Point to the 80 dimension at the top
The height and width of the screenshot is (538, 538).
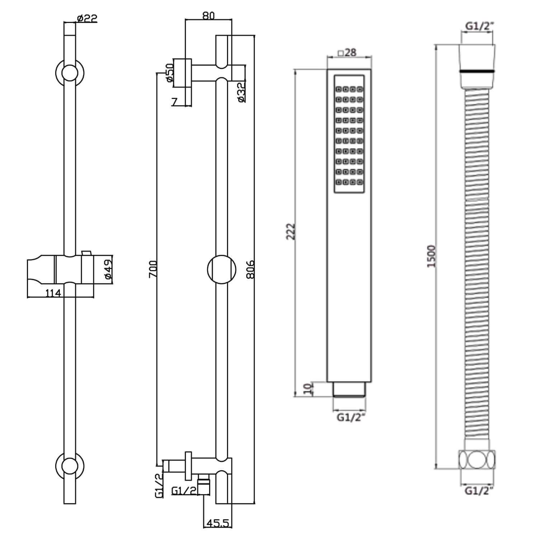pos(208,16)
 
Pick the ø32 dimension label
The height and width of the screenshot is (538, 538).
pos(242,92)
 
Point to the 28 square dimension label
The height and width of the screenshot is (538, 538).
pos(347,52)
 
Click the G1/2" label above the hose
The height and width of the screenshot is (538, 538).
pos(479,26)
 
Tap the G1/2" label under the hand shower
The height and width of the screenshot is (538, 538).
pos(350,417)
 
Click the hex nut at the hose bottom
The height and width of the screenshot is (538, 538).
pos(477,459)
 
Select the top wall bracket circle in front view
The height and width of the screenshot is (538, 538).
pos(70,73)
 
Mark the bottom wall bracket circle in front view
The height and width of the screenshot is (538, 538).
pos(70,466)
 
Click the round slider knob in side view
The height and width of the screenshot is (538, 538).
pos(222,269)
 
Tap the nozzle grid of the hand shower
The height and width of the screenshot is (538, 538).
pos(349,134)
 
